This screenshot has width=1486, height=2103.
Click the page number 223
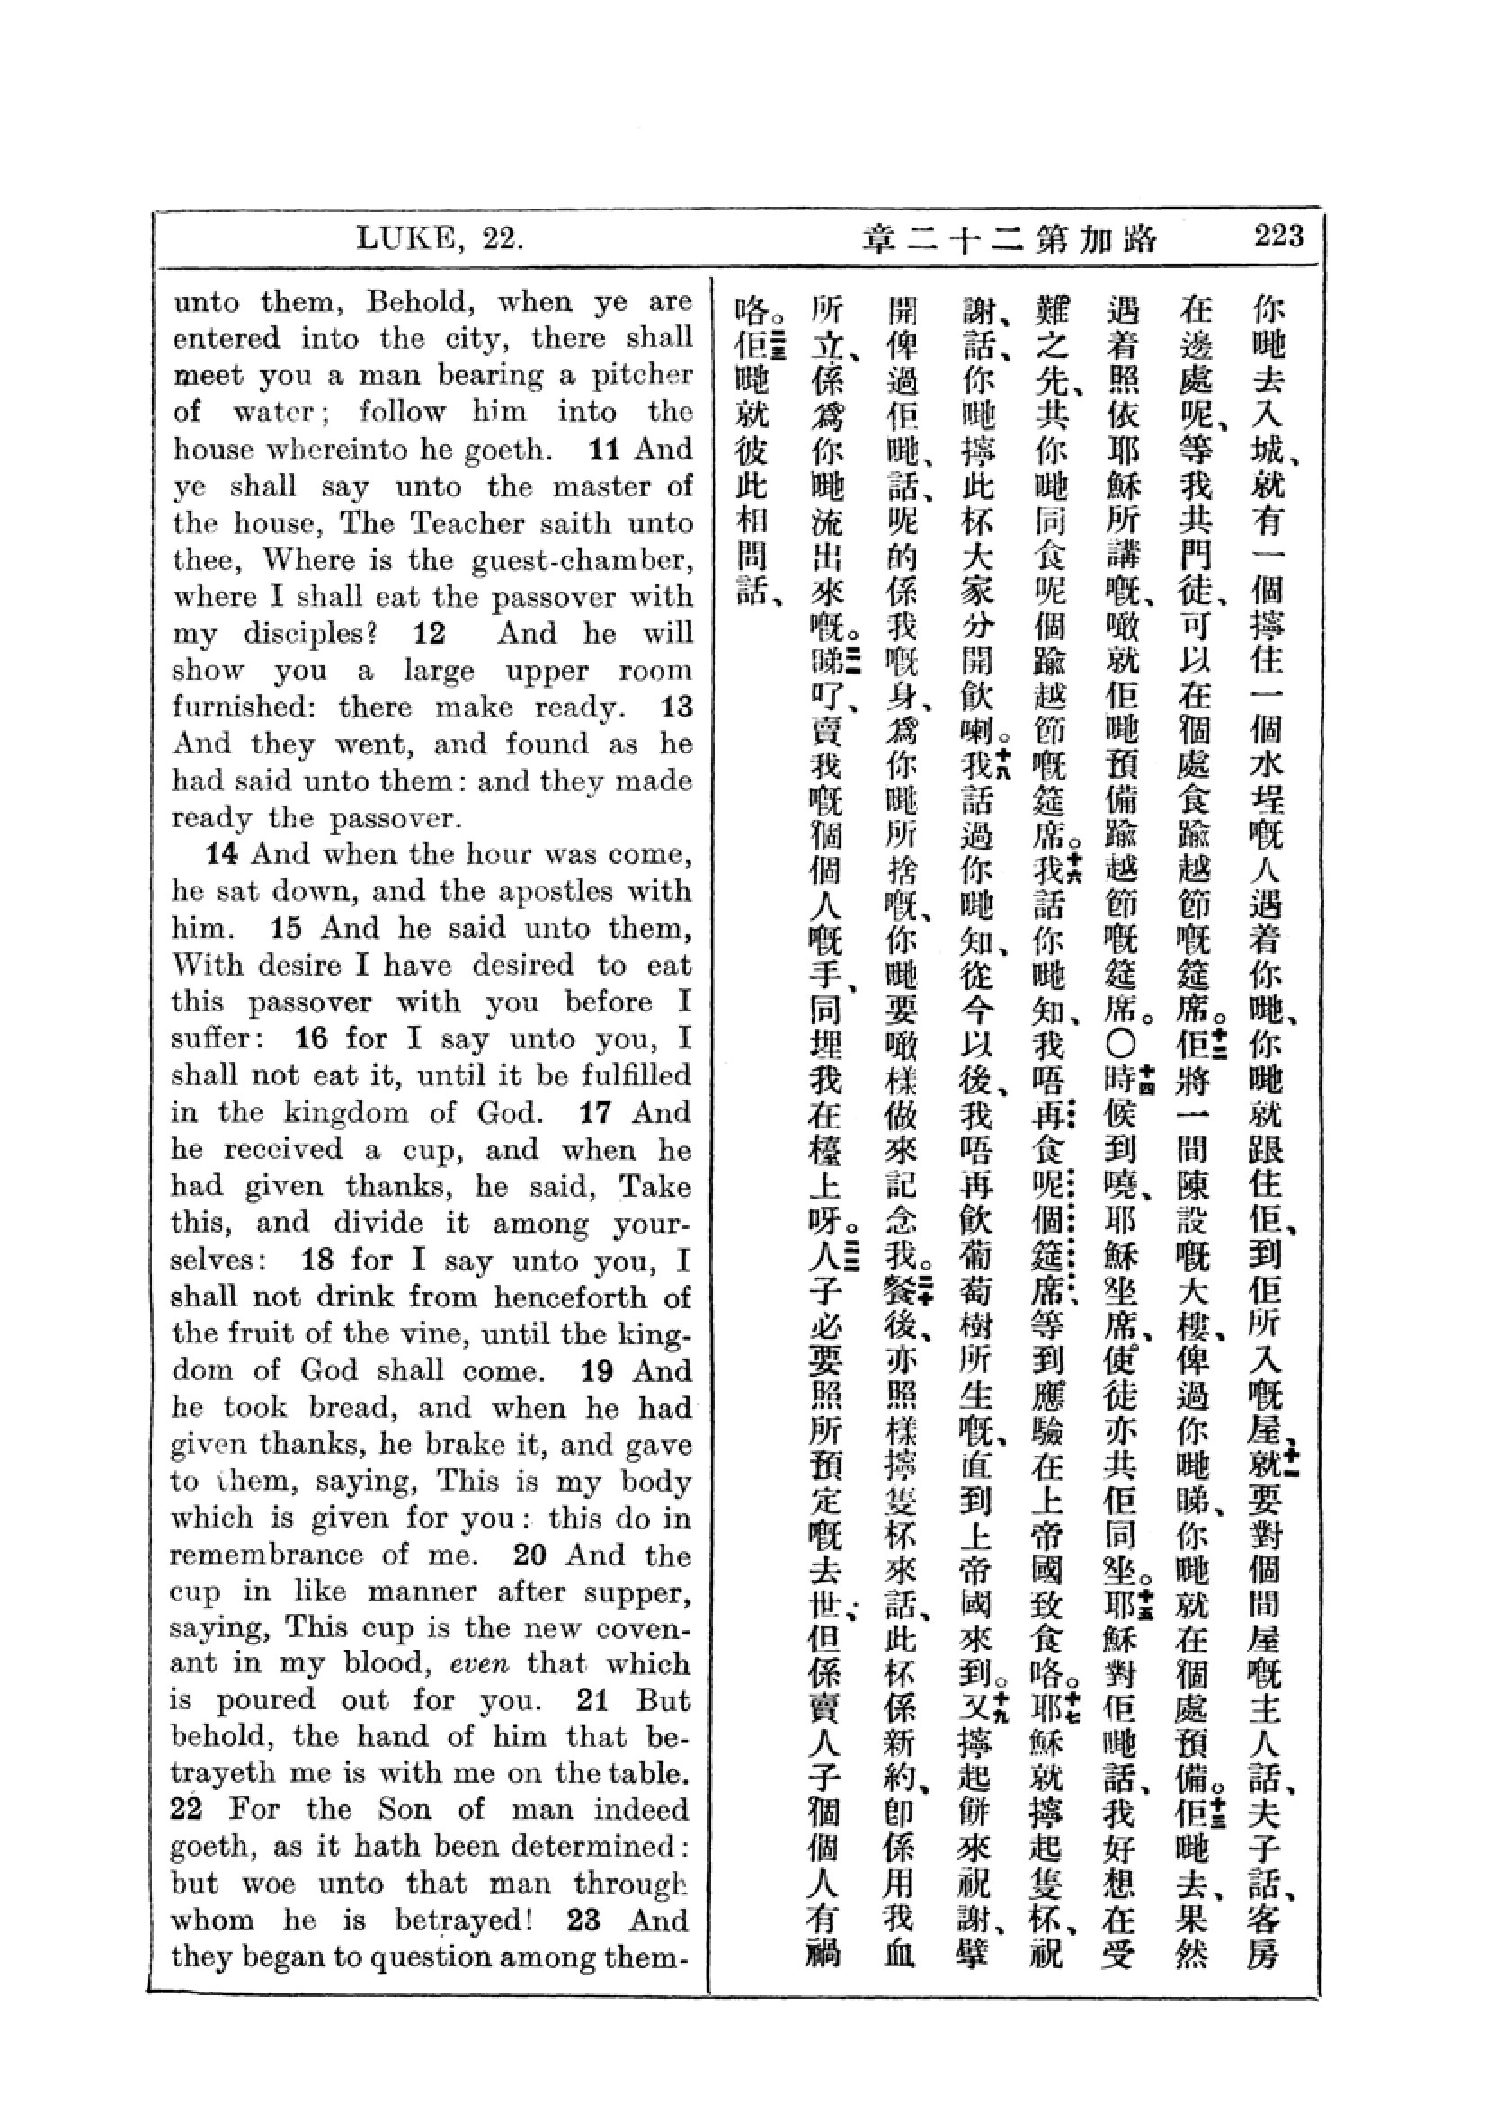point(1279,236)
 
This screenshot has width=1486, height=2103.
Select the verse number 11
point(605,449)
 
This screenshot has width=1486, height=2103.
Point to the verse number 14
point(221,854)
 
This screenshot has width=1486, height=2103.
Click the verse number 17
point(596,1113)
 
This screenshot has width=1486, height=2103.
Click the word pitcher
point(641,376)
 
